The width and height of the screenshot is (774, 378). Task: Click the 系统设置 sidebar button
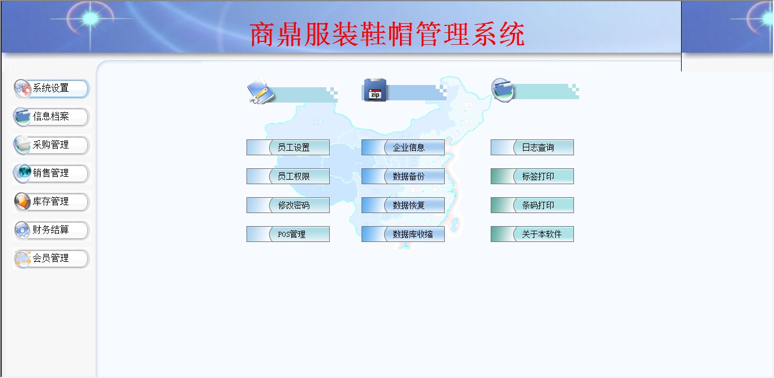point(51,88)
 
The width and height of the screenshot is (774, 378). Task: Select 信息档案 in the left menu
point(51,117)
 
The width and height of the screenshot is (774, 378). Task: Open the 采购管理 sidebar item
point(51,145)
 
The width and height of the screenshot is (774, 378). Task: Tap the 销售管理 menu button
point(51,173)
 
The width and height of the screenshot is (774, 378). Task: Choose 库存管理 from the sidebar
point(51,202)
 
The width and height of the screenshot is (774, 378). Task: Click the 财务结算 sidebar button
point(51,230)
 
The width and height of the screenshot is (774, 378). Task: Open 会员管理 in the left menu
point(51,258)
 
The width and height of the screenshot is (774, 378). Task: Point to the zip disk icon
point(375,90)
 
